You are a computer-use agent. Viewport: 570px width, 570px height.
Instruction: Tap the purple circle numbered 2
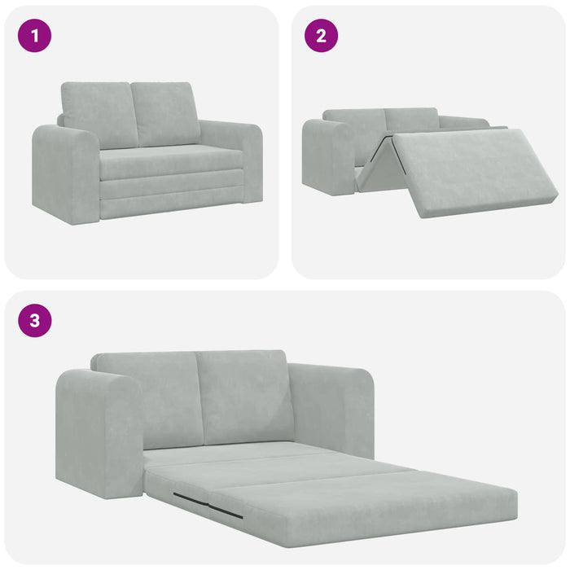click(322, 36)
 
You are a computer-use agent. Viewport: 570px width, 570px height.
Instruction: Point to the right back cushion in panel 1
click(167, 113)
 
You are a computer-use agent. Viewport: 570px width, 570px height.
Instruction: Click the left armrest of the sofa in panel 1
click(65, 173)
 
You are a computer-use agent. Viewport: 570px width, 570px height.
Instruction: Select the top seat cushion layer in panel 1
click(171, 163)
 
